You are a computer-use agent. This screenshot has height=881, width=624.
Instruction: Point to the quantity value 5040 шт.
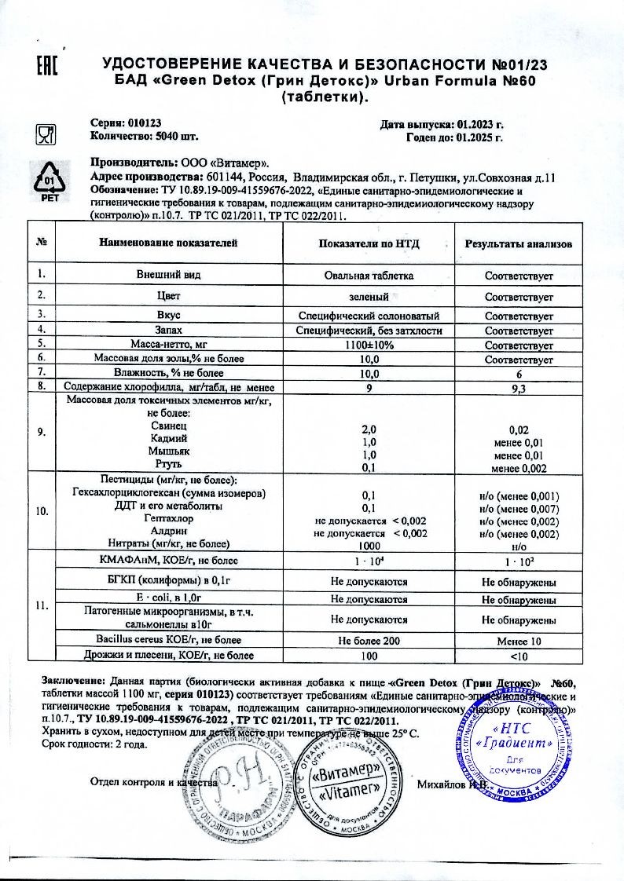pos(172,136)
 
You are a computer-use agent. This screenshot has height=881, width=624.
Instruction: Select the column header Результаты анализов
pos(519,243)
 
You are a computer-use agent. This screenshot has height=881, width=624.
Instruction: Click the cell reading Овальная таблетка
pos(369,276)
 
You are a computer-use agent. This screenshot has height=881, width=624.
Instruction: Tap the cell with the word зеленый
pos(369,297)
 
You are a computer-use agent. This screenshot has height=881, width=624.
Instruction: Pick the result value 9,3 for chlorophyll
pos(519,387)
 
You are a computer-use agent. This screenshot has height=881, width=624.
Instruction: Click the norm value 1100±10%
pos(369,345)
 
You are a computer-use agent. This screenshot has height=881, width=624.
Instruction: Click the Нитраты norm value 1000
pos(369,546)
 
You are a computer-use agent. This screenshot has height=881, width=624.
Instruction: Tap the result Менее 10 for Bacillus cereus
pos(519,640)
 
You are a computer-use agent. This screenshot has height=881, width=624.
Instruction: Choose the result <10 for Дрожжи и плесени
pos(519,655)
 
